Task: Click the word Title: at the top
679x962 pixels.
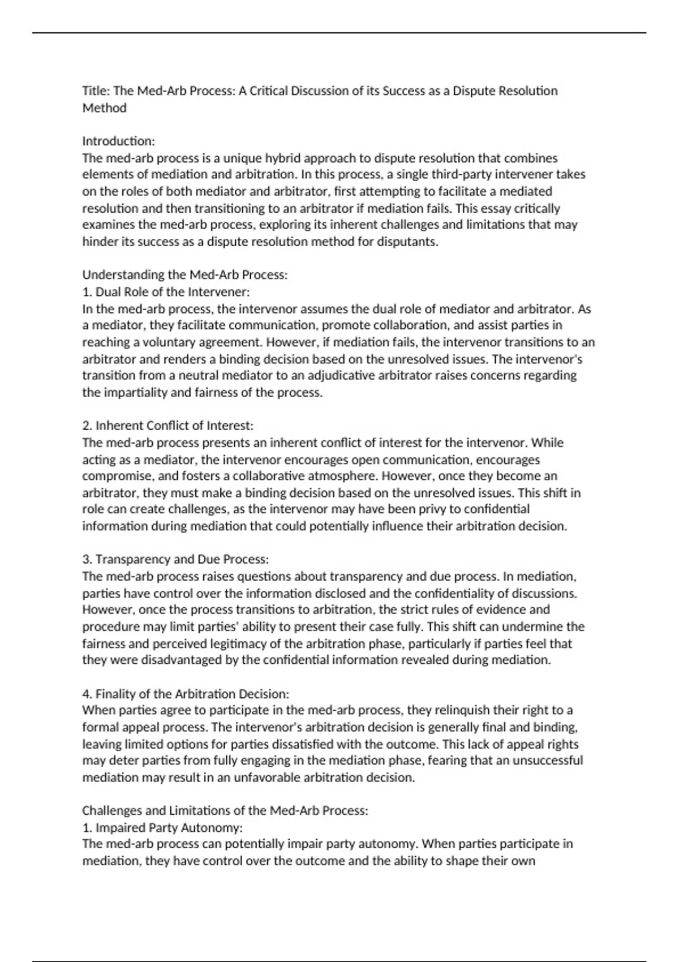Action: click(x=96, y=91)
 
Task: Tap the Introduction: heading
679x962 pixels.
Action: click(x=118, y=141)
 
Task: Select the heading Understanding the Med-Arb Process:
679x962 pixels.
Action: click(x=185, y=275)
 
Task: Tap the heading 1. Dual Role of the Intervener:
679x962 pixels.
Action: click(x=166, y=292)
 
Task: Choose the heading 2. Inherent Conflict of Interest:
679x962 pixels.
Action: click(x=168, y=426)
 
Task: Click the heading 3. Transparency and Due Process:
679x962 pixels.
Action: click(x=175, y=560)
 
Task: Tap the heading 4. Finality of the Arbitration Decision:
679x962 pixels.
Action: click(x=186, y=694)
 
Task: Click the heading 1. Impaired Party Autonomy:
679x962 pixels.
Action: click(x=162, y=828)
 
